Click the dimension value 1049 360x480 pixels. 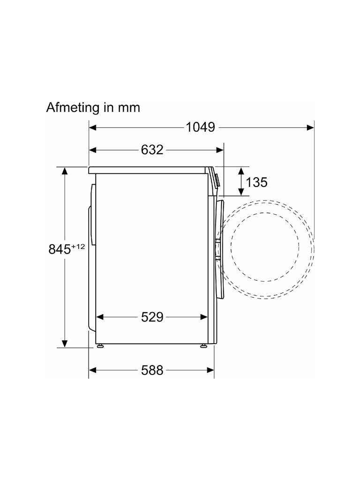[201, 127]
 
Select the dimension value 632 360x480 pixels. [152, 150]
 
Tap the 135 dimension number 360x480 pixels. [256, 182]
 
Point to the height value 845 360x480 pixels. [60, 249]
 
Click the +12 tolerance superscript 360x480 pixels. [78, 247]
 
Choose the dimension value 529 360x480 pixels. [152, 317]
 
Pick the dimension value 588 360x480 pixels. [152, 370]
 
